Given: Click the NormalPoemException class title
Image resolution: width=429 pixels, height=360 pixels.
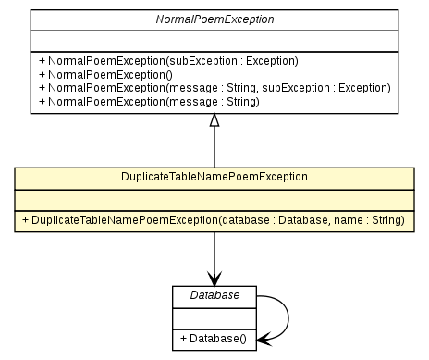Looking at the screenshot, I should pos(214,19).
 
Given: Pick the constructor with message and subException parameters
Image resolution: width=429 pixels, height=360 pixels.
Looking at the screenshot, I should pos(214,88).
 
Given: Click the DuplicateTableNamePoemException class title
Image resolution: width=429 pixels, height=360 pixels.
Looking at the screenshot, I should pos(214,176).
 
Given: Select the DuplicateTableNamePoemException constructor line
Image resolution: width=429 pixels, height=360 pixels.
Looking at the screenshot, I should pos(214,219).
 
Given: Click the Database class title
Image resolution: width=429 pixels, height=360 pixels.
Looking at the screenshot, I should pos(214,295).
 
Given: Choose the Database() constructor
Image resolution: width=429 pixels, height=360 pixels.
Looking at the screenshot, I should pos(214,339).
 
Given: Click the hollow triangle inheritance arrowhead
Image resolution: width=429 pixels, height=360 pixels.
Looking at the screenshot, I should pos(214,120).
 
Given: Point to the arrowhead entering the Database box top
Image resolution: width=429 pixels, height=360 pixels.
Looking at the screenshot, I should pos(214,279).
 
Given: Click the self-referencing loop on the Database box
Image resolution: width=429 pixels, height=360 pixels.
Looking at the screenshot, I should pos(288,317).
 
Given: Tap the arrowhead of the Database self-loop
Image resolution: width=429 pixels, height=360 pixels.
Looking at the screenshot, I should pos(264,340).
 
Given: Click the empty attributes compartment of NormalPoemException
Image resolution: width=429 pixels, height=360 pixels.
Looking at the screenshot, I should pos(214,40).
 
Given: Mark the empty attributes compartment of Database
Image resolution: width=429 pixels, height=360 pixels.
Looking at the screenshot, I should pos(214,317).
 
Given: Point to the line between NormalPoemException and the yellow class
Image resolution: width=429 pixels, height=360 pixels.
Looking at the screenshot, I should pos(214,148).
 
